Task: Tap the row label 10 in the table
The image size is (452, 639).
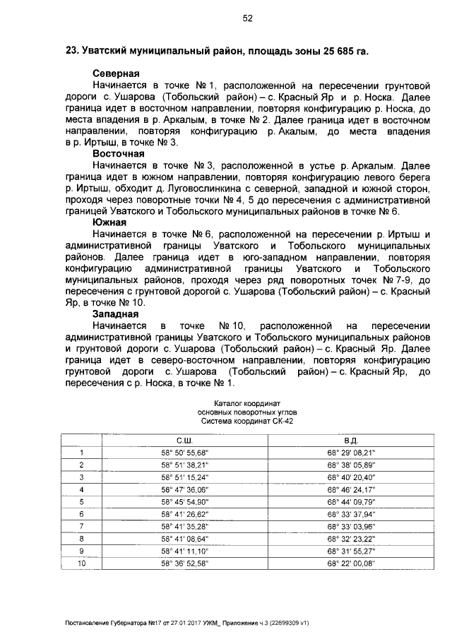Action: (x=81, y=563)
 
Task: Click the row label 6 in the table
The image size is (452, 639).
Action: (x=81, y=514)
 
